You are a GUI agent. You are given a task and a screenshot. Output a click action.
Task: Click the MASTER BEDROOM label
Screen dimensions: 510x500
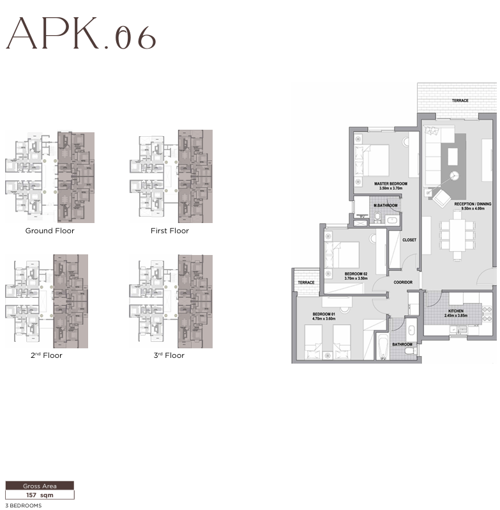click(x=386, y=183)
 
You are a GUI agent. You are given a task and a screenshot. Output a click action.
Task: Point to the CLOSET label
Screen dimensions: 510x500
click(x=409, y=240)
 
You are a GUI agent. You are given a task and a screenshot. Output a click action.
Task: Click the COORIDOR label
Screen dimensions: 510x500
click(x=404, y=281)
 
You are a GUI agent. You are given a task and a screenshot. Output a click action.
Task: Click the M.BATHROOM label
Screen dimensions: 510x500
click(x=385, y=205)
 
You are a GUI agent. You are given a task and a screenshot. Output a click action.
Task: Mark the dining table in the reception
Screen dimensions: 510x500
click(x=457, y=235)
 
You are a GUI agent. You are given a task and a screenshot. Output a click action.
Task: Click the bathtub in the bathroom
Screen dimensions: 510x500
click(x=383, y=348)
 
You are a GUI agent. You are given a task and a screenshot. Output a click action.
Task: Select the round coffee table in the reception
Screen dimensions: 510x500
click(x=454, y=177)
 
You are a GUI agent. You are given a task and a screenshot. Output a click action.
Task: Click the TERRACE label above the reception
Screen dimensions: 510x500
click(x=460, y=100)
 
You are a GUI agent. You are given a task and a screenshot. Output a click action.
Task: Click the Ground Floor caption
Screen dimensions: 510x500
click(x=50, y=231)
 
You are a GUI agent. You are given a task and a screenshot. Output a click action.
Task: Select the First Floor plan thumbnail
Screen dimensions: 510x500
click(x=171, y=176)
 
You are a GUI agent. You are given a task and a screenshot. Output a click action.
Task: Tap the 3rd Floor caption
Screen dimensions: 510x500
click(x=169, y=355)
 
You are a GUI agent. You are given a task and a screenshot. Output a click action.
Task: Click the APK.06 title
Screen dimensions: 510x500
click(x=81, y=35)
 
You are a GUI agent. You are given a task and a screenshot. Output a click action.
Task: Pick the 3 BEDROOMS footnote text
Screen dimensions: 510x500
click(x=24, y=506)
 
